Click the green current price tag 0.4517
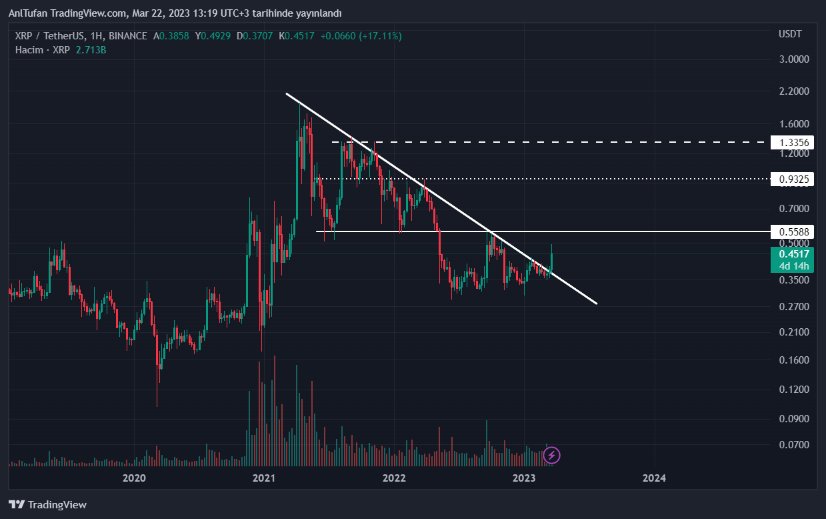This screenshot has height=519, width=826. tap(793, 253)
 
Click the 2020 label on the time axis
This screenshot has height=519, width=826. tap(135, 478)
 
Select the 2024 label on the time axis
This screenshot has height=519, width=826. tap(654, 478)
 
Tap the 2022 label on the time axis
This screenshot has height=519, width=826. tap(395, 478)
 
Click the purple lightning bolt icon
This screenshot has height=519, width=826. tap(552, 456)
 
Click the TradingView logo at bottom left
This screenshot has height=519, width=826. tap(47, 505)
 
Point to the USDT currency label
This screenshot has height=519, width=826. tap(790, 34)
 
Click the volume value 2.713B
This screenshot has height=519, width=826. tap(91, 50)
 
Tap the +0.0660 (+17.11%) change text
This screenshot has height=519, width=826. tap(361, 36)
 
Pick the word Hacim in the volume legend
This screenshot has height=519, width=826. tap(29, 50)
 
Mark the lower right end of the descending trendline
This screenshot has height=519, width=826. tap(596, 304)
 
